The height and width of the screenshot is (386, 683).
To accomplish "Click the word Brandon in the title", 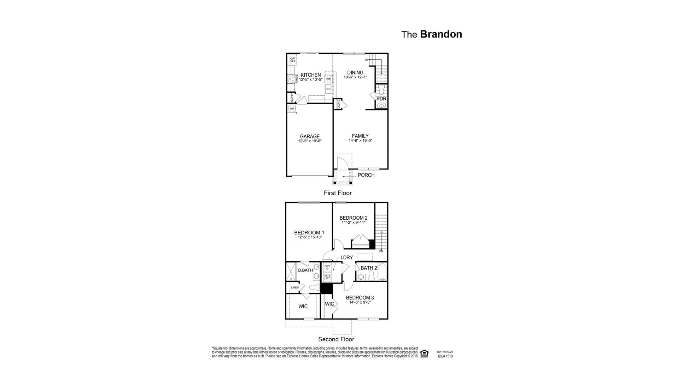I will tap(441, 34).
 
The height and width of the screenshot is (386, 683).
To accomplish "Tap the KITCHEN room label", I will tap(311, 75).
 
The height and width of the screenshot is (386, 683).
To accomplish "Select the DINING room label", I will tap(355, 73).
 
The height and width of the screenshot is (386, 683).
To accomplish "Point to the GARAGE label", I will tap(310, 137).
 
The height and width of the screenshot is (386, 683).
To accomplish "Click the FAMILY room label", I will tap(360, 136).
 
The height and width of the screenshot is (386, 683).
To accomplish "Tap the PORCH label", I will tap(366, 175).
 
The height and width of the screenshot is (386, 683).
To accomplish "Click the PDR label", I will tap(381, 99).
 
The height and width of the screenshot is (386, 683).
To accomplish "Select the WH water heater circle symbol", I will tap(292, 108).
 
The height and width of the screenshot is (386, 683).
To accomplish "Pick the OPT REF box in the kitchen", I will tap(293, 60).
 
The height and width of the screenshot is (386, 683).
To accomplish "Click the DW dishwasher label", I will tap(328, 79).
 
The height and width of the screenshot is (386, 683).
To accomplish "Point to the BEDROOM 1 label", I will tap(309, 233).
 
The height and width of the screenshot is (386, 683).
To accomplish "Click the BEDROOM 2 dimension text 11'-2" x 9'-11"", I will tap(353, 222).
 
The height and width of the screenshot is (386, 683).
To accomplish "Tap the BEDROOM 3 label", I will tap(360, 298).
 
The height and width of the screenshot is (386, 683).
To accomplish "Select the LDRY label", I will tap(347, 257).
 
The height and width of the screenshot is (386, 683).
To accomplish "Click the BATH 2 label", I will tap(369, 268).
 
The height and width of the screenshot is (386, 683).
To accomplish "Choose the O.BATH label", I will tap(305, 270).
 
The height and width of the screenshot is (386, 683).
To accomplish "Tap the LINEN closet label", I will tap(295, 287).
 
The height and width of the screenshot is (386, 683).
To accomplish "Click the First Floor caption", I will tap(338, 193).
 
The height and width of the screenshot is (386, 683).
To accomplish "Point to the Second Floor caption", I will tap(336, 339).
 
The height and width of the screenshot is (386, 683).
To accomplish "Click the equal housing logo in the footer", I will tap(425, 353).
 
